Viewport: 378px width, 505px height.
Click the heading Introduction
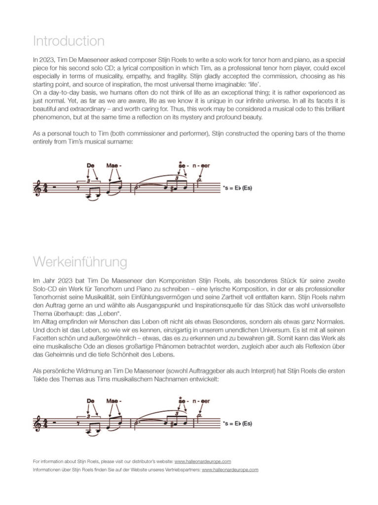click(69, 40)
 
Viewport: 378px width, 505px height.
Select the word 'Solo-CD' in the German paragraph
click(45, 288)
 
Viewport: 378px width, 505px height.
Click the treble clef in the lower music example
click(37, 423)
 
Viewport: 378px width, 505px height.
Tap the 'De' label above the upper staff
click(91, 166)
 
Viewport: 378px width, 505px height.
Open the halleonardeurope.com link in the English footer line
click(203, 462)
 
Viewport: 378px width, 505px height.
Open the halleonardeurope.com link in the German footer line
click(230, 470)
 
